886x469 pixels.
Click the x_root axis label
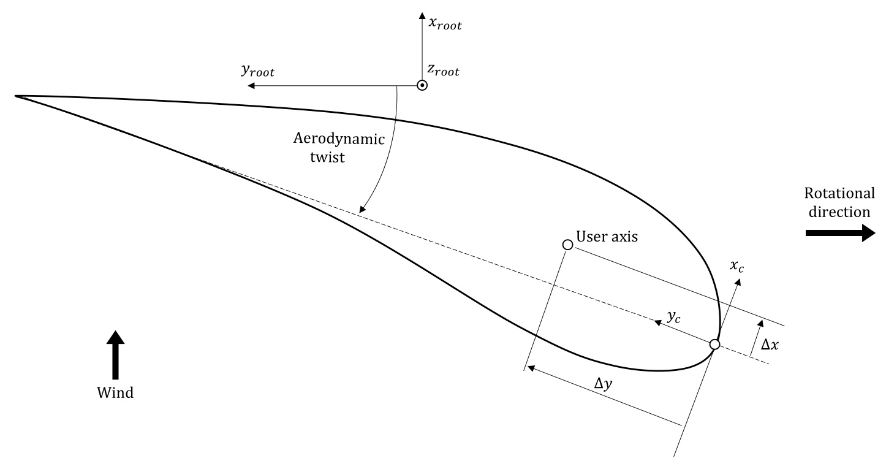[x=445, y=25]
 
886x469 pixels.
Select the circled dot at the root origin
[x=422, y=86]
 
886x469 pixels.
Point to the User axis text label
[x=607, y=237]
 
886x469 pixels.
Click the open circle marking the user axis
[x=567, y=245]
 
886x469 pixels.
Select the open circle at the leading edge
[x=714, y=345]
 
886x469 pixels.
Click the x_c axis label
[x=738, y=267]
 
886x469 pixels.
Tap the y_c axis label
[x=673, y=318]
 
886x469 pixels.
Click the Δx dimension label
[x=770, y=345]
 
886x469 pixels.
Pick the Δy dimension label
[x=604, y=384]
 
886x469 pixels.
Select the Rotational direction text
[x=839, y=202]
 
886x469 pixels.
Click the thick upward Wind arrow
[x=115, y=355]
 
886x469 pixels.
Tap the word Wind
[x=115, y=393]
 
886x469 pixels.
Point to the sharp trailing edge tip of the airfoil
[x=16, y=96]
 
